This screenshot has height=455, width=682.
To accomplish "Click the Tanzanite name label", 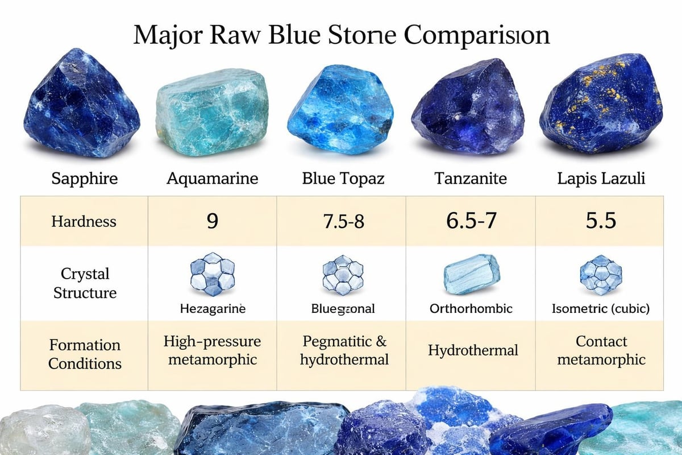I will (471, 179).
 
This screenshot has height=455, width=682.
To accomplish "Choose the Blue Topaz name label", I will (343, 179).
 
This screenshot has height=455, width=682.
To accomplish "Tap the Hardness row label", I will (85, 221).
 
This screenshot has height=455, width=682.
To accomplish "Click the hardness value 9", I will (212, 221).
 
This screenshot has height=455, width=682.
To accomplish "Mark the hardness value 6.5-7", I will (471, 221).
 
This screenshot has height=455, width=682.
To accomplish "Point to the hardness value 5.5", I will (601, 221).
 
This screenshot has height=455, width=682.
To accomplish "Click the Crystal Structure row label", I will (85, 283).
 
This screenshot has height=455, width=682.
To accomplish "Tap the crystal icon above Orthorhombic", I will (471, 274).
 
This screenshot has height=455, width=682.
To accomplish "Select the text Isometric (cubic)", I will (601, 309).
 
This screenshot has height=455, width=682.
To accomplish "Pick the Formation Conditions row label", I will (85, 354).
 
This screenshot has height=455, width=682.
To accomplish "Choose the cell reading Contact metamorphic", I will (601, 350).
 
